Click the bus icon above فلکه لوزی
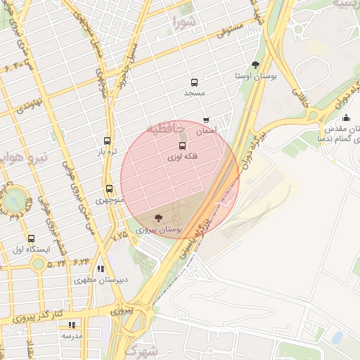(183, 146)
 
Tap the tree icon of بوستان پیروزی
(157, 218)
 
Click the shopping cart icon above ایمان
(206, 120)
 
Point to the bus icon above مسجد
(195, 82)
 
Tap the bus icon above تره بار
(107, 141)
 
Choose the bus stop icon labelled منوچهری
(109, 188)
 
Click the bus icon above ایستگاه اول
(31, 238)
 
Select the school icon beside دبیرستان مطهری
(101, 269)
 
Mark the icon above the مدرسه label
(72, 325)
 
